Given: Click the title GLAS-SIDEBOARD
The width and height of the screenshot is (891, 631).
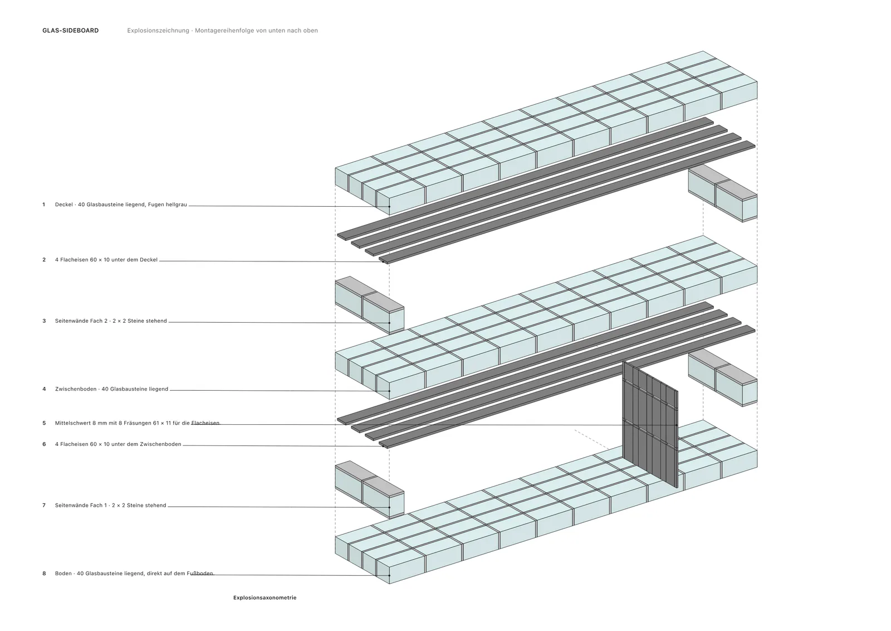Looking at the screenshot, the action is [x=70, y=31].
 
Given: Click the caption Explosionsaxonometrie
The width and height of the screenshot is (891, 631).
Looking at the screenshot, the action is [x=265, y=598].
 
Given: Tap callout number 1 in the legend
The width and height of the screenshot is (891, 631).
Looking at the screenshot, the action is [x=44, y=205].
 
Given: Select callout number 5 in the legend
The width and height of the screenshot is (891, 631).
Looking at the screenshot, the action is [x=44, y=423].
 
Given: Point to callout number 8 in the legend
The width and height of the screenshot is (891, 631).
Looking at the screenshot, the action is [x=44, y=574].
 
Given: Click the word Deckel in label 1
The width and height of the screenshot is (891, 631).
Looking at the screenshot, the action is [x=63, y=205].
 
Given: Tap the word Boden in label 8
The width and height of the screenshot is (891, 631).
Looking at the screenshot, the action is [x=63, y=574].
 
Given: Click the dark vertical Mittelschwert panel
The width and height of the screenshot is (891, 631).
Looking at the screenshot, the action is [x=650, y=424].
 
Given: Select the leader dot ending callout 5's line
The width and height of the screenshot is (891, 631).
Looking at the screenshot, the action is [x=677, y=425].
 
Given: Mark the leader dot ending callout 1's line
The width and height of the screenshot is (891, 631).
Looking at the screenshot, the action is [x=389, y=207].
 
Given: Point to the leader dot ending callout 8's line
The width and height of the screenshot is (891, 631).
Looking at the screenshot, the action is [x=389, y=575].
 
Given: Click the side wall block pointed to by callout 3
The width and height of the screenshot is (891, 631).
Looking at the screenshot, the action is [x=370, y=305].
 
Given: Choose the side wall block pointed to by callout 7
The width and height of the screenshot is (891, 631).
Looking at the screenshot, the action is [x=370, y=489].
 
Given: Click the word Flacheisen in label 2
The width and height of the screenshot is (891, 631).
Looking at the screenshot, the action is [x=75, y=260].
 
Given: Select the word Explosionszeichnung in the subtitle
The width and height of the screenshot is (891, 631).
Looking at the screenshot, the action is [x=158, y=31].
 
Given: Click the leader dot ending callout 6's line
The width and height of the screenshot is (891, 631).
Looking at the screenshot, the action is [x=383, y=446].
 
